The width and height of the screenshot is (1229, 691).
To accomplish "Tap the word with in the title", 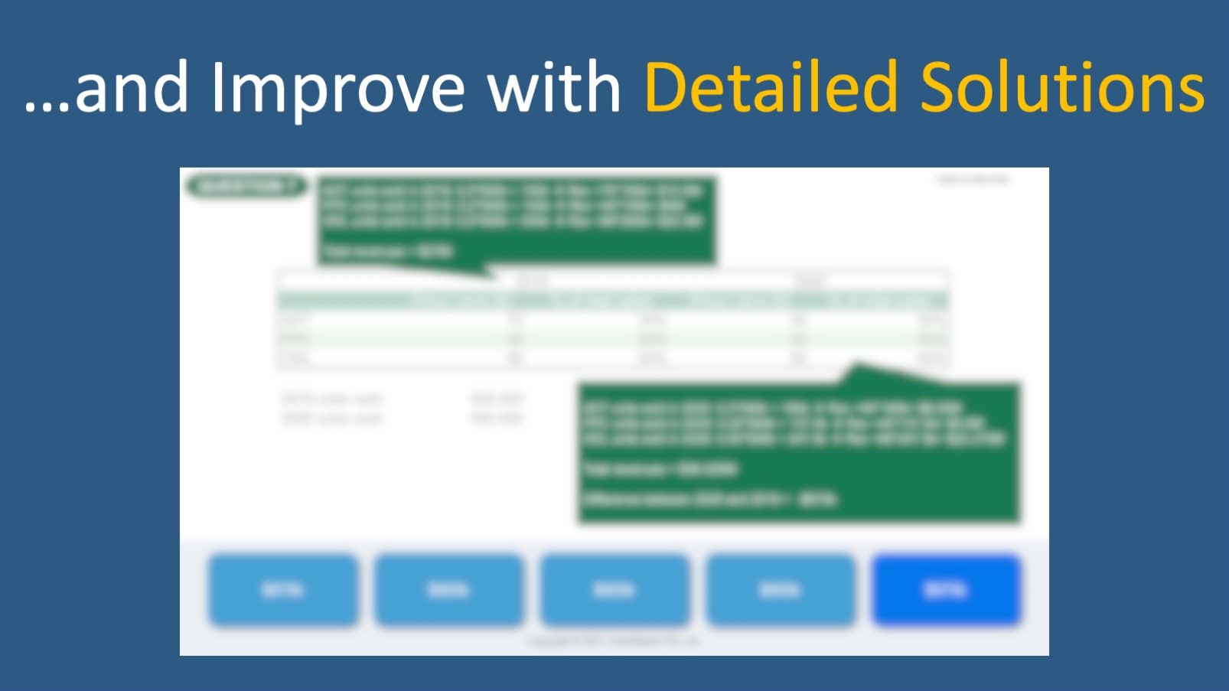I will point(554,88).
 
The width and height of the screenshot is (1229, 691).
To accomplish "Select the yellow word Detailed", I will point(771,88).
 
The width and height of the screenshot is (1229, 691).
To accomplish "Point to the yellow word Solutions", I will point(1062,88).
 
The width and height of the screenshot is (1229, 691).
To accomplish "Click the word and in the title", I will point(132,88).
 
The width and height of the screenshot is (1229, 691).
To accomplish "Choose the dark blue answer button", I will point(946,590).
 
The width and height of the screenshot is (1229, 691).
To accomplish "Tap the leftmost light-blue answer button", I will point(283,590).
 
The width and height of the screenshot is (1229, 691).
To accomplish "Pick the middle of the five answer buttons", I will point(614,590).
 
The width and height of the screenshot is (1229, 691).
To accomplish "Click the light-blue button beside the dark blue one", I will point(780,590).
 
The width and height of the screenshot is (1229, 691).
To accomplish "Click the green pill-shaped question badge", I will point(246,186).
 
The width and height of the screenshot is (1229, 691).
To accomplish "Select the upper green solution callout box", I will point(516,220).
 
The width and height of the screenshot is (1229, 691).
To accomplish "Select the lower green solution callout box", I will point(798,453).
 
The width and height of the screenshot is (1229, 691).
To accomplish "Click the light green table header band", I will point(612,301).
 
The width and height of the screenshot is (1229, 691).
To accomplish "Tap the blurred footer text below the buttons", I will point(613,641).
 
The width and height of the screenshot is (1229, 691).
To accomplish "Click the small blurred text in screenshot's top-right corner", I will point(973,180).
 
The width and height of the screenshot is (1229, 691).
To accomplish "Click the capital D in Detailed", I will point(664,88).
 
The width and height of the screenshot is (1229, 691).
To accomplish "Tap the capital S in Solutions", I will point(938,88).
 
